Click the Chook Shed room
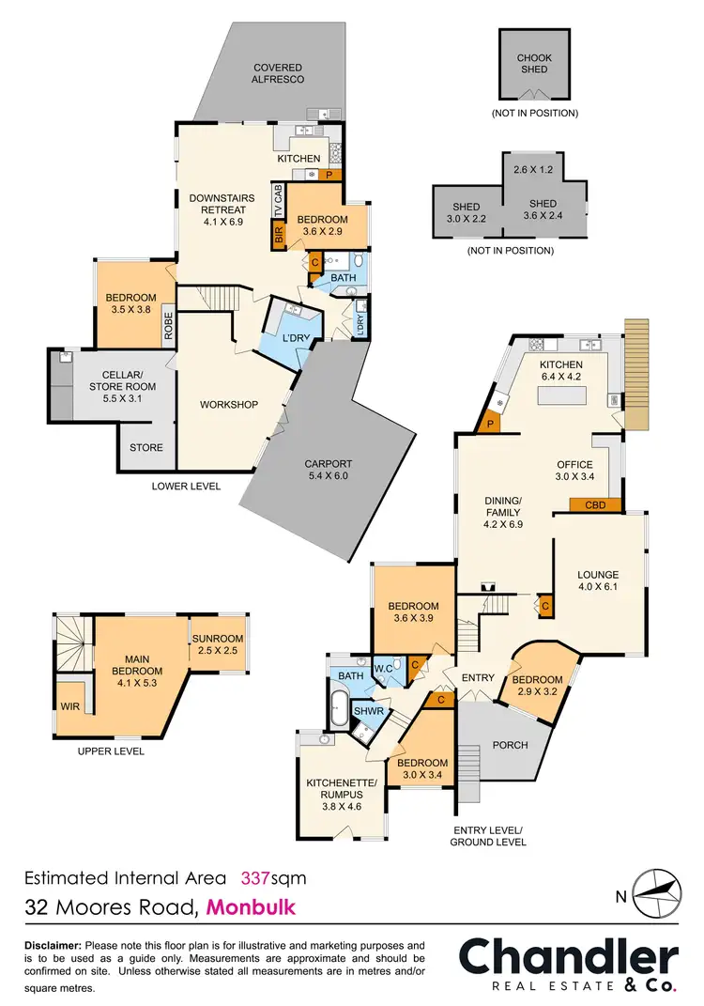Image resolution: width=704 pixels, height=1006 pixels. tap(535, 64)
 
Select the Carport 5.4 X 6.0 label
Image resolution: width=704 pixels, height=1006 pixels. tap(329, 470)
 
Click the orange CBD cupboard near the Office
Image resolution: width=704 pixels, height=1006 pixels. tap(595, 504)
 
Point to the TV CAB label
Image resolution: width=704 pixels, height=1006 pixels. tap(278, 202)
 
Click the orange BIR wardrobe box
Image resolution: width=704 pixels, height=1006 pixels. tap(278, 236)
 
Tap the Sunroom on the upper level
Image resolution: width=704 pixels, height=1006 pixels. tap(218, 644)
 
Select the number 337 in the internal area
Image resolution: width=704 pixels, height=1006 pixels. tap(256, 878)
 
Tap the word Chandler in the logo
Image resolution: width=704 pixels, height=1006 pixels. tap(567, 957)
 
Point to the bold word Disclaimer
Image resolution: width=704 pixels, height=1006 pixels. tap(53, 944)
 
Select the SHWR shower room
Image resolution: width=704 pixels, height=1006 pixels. tap(364, 712)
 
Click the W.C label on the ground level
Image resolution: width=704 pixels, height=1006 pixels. tap(384, 669)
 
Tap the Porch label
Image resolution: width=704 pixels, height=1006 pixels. tap(510, 745)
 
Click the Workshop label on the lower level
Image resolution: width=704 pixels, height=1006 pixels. tap(228, 405)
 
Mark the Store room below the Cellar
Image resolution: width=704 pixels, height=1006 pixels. tap(146, 448)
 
